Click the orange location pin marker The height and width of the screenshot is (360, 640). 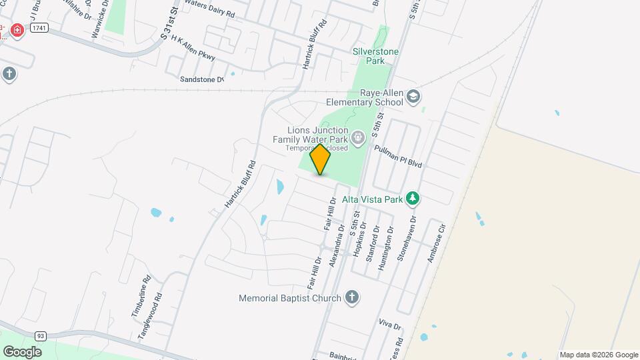tap(321, 159)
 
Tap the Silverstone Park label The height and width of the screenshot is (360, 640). tap(379, 55)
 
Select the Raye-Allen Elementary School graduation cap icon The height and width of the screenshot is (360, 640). tap(413, 97)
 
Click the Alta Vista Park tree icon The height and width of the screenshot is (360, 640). tap(413, 199)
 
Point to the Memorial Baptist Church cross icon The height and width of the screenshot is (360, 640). tap(352, 298)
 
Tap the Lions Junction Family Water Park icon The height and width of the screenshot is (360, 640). tap(358, 137)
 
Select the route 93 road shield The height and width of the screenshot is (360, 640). tap(41, 335)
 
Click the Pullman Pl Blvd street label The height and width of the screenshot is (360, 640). tap(399, 157)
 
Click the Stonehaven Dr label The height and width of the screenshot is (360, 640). tap(408, 238)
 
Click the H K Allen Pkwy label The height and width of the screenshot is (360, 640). tap(193, 49)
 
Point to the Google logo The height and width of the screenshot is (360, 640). tap(22, 351)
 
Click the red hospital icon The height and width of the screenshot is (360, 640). tap(16, 30)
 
